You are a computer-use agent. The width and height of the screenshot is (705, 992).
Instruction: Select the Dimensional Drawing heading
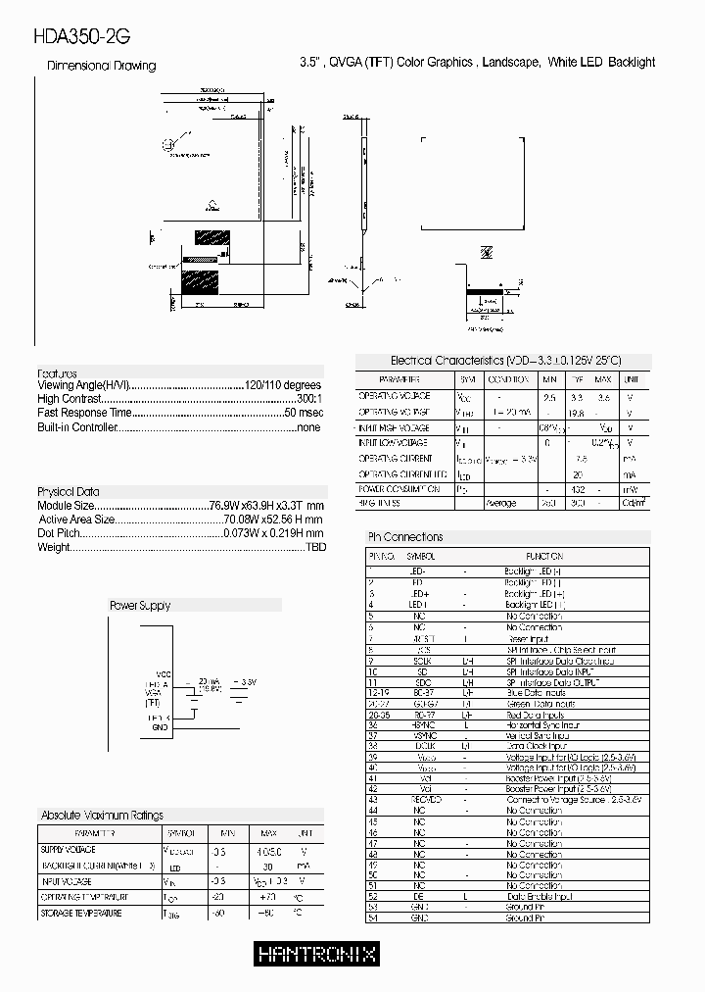[x=102, y=66]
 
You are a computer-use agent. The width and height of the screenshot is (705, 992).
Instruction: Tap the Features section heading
[x=57, y=373]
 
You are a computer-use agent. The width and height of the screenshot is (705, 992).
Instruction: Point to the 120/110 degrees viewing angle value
[x=283, y=386]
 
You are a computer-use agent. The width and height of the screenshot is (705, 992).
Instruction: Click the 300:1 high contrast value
[x=308, y=400]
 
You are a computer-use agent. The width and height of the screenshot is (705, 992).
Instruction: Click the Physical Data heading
[x=69, y=491]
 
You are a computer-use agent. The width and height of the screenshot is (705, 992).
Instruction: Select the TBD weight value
[x=314, y=547]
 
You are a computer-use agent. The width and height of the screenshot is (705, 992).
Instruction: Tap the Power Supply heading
[x=139, y=606]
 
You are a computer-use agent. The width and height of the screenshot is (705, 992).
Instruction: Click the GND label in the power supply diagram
[x=160, y=728]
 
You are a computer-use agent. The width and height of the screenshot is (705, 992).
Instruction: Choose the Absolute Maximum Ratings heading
[x=102, y=816]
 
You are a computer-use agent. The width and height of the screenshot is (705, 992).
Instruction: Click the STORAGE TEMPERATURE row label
[x=81, y=914]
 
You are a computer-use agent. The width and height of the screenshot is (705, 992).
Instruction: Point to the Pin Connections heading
[x=404, y=537]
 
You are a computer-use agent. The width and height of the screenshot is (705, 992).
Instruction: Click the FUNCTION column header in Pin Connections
[x=544, y=555]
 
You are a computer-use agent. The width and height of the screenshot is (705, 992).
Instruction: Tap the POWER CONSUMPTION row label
[x=399, y=488]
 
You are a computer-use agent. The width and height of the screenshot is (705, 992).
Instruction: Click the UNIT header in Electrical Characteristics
[x=633, y=379]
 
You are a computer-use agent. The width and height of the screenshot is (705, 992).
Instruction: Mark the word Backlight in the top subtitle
[x=632, y=62]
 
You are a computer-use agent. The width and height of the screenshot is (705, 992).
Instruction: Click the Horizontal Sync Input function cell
[x=541, y=724]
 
